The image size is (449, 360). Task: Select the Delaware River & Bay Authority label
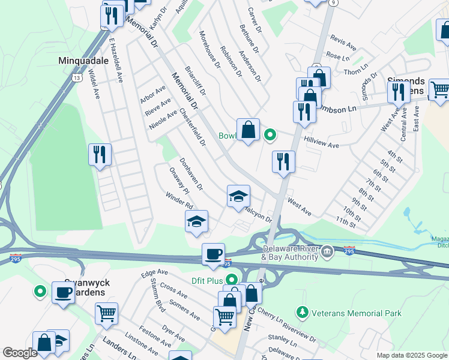click(290, 253)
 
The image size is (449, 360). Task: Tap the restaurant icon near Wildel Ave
click(100, 155)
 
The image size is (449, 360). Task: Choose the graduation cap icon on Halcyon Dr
click(238, 196)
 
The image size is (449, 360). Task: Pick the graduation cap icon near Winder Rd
click(196, 221)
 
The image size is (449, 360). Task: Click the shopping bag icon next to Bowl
click(248, 129)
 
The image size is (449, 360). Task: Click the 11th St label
click(346, 223)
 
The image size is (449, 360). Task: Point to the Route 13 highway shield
click(76, 78)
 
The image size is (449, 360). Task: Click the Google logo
click(20, 353)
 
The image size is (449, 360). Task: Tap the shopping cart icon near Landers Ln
click(106, 313)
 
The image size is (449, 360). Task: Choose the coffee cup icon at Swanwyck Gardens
click(63, 293)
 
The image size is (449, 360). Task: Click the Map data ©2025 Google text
click(412, 355)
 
